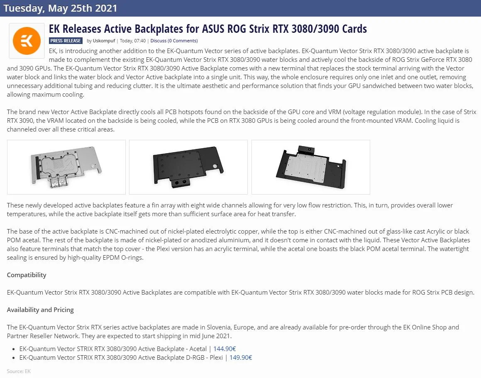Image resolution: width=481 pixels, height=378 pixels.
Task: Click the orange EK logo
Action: click(x=27, y=41)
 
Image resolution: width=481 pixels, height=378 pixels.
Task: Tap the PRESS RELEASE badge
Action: click(x=66, y=41)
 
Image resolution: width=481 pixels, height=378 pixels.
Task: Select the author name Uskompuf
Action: click(x=104, y=41)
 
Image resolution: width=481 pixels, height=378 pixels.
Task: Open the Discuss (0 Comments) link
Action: click(x=174, y=41)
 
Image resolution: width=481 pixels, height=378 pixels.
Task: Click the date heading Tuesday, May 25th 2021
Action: click(x=61, y=8)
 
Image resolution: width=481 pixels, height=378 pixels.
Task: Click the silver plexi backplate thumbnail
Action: click(x=66, y=167)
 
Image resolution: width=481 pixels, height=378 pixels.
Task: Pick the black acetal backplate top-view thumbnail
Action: click(x=188, y=167)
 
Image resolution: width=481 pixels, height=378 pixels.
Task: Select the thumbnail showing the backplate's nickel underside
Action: click(x=311, y=167)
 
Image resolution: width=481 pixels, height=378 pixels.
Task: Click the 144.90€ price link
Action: click(x=225, y=349)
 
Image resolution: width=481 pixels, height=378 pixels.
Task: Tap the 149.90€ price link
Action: click(x=241, y=357)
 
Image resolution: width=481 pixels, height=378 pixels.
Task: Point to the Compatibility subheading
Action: click(x=27, y=275)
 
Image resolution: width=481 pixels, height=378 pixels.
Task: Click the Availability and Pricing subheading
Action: click(x=40, y=310)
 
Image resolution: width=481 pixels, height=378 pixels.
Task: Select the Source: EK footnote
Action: click(x=19, y=371)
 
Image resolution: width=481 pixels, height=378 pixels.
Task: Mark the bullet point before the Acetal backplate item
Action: click(x=14, y=349)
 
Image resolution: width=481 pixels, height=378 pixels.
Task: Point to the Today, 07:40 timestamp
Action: click(x=132, y=41)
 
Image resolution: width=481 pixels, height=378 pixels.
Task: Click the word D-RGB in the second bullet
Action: click(x=195, y=357)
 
